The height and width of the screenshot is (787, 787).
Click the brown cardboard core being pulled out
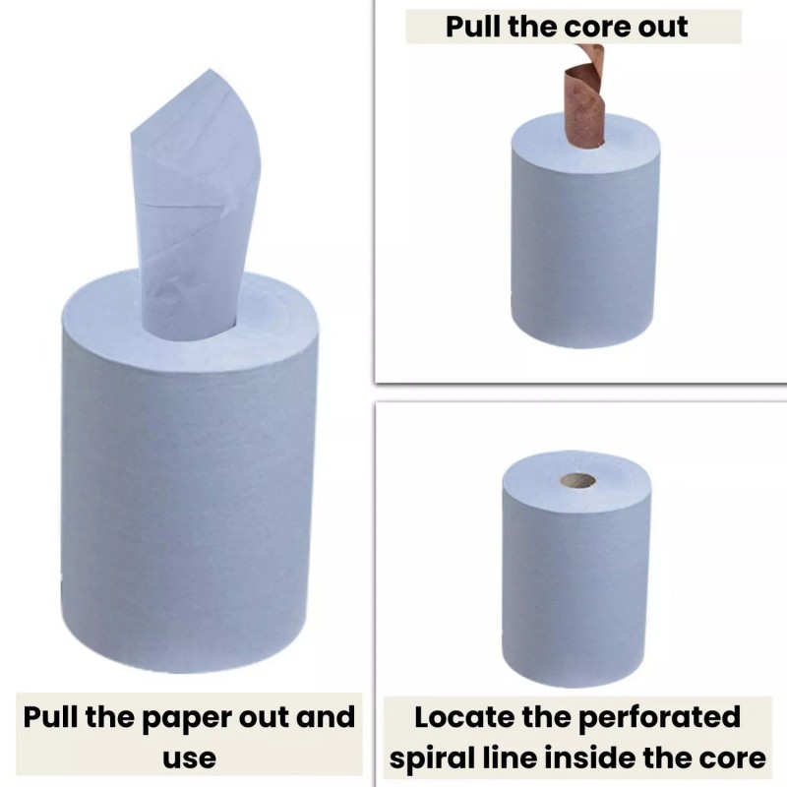[x=583, y=96]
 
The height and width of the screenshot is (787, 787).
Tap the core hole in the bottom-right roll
[x=578, y=481]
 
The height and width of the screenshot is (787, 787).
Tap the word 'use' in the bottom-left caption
[x=189, y=757]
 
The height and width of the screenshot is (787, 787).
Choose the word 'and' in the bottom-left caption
[x=326, y=716]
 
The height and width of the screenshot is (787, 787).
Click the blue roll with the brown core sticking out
[x=585, y=231]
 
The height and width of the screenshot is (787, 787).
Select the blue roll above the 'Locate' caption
[x=577, y=569]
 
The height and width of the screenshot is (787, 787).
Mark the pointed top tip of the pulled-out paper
[x=210, y=69]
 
